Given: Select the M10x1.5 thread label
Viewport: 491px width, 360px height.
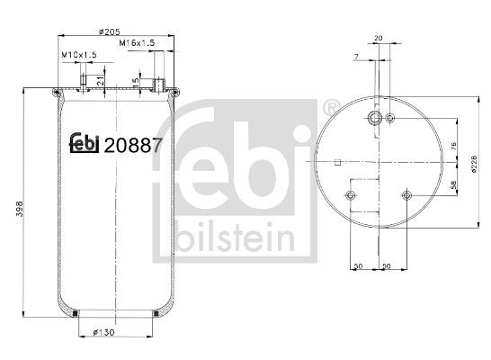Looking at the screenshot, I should pos(78,55).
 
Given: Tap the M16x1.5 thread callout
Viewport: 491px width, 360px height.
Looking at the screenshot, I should pos(139,42).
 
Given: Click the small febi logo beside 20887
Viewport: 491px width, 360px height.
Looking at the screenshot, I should pos(85,143).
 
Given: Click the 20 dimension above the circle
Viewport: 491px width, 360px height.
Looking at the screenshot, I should pos(378,38).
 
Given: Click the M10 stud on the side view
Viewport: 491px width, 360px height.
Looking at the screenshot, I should pos(84,83).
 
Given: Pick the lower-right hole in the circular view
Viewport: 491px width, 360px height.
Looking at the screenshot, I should pos(408,197).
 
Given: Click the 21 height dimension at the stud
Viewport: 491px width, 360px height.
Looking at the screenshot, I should pos(101,82).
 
